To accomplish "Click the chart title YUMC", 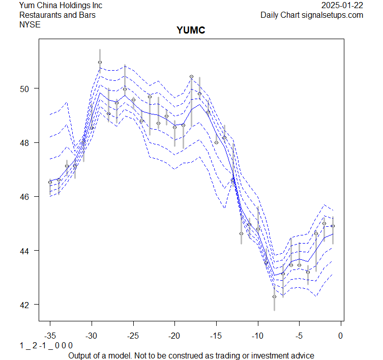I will (x=191, y=31).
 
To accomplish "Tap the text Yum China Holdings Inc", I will (x=61, y=6).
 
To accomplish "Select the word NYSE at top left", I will (x=30, y=24).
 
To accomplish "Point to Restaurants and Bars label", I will (x=57, y=15).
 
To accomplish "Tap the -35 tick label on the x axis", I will (x=50, y=336).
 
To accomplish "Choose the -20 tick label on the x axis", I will (x=174, y=336).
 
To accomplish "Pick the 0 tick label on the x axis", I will (x=341, y=336).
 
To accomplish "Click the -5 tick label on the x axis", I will (x=299, y=336).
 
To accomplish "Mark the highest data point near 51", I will (x=100, y=63).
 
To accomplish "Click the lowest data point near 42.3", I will (x=274, y=296).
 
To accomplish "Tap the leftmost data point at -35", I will (x=50, y=182).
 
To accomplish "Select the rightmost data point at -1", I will (x=333, y=226).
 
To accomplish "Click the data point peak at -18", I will (x=191, y=77).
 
